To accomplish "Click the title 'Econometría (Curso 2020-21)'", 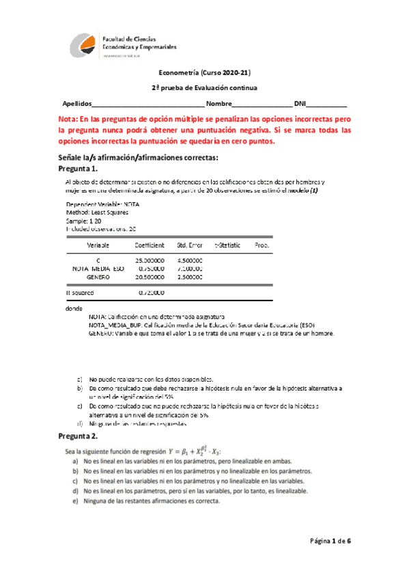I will (205, 72).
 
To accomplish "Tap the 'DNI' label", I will (300, 103).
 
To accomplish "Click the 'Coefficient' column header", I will (150, 244).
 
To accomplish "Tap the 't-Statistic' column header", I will (228, 244).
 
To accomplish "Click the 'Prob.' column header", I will (262, 244).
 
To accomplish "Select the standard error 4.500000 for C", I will (189, 261).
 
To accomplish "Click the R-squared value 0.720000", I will (151, 293).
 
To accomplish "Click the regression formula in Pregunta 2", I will (231, 451).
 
